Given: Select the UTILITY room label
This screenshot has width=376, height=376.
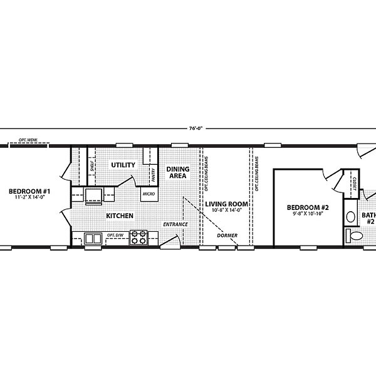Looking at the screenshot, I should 123,165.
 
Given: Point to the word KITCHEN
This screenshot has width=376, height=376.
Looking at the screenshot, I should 119,216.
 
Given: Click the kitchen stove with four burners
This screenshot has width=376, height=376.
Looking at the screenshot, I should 138,238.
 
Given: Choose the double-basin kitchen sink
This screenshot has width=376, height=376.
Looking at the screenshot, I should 93,238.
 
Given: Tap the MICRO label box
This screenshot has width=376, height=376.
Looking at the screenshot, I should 149,194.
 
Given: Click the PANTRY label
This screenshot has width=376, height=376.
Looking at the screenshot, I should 153,174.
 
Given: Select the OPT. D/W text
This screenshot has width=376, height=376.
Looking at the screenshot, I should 115,236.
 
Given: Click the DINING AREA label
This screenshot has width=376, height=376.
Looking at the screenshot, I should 178,172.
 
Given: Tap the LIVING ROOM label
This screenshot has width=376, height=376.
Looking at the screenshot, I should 227,204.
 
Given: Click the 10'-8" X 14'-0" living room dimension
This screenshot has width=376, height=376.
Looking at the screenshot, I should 227,211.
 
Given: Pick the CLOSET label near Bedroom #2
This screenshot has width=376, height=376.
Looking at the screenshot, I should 354,184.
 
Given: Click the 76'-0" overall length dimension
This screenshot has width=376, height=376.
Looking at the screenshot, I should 195,129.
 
